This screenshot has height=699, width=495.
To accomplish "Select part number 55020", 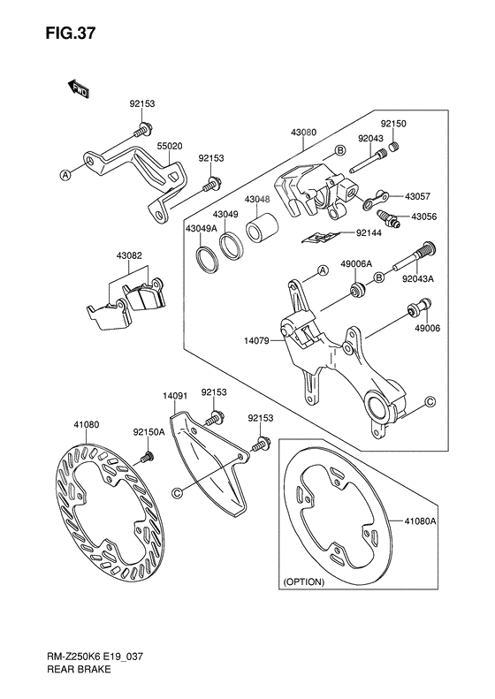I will point(170,147).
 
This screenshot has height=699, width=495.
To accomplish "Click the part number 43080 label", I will point(302,132).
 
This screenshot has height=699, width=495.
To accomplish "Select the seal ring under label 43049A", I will point(205,259).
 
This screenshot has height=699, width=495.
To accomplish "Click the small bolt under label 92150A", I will point(148,457).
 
